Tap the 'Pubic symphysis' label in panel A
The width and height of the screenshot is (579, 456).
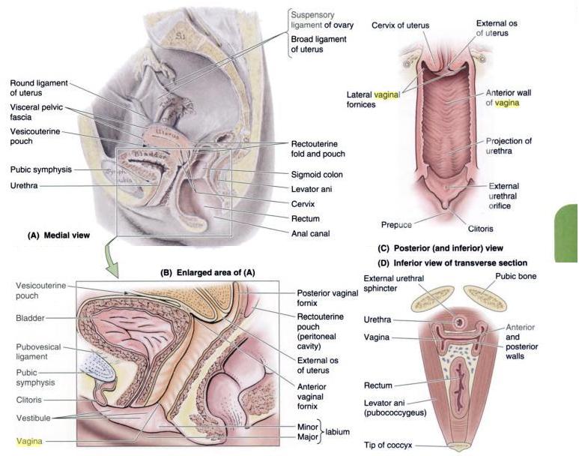click(41, 169)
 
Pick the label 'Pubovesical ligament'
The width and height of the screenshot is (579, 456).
click(39, 352)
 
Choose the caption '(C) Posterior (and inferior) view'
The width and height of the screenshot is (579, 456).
click(441, 247)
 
